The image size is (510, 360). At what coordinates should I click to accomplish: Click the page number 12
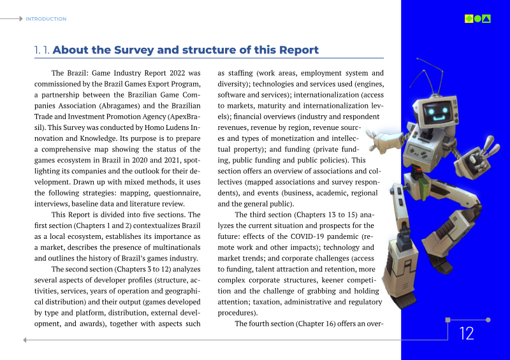[467, 333]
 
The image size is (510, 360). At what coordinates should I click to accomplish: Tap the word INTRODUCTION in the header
[46, 19]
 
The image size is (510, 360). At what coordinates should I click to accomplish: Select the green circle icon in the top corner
[477, 18]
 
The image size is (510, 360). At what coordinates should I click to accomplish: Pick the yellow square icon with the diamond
[469, 18]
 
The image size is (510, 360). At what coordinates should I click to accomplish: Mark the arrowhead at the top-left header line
[20, 19]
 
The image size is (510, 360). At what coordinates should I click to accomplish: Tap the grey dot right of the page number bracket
[488, 320]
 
